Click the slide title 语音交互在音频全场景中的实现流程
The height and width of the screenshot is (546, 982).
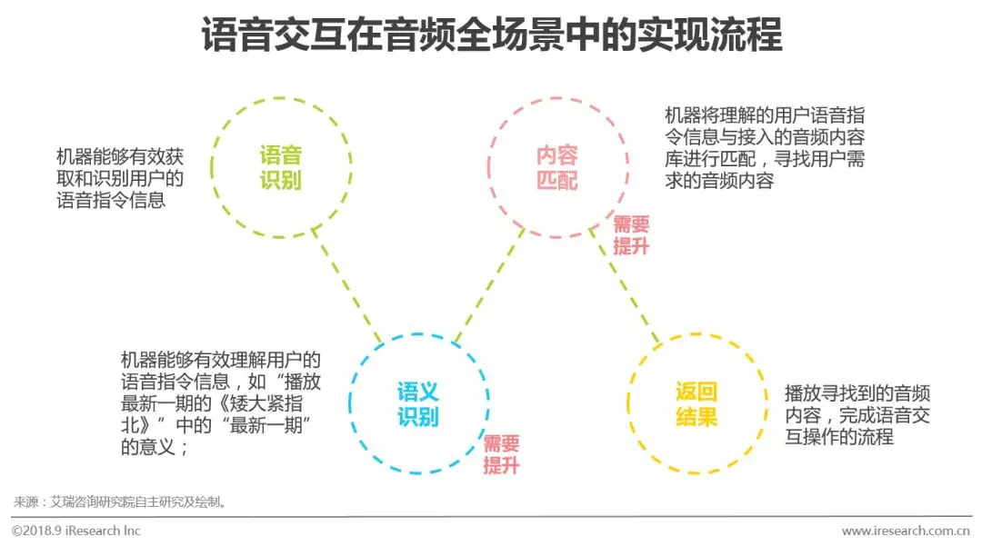(x=491, y=37)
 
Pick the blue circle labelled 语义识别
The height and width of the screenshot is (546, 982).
(x=418, y=404)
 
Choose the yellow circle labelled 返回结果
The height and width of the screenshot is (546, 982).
(x=696, y=404)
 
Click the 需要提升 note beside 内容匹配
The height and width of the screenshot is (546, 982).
(x=631, y=235)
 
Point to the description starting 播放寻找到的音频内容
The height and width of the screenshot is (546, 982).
(x=857, y=414)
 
